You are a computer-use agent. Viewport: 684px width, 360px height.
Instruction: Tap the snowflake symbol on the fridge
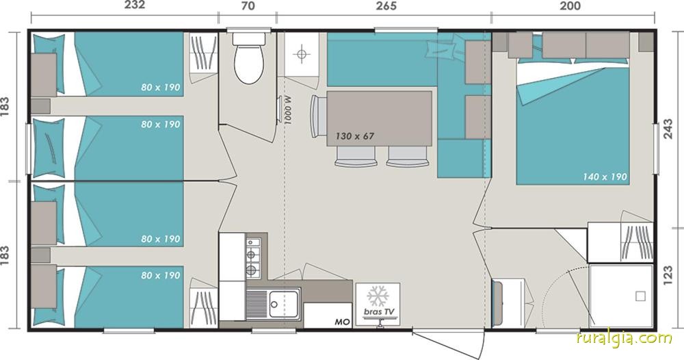pos(378,296)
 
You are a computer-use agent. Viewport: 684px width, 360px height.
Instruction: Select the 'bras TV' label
pos(378,311)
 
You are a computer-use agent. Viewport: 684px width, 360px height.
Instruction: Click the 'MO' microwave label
pos(343,322)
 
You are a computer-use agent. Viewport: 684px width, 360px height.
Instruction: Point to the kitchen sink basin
pos(284,303)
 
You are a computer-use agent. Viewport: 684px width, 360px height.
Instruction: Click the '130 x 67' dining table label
pos(354,136)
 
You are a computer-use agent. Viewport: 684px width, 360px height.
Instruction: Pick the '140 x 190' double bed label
pos(605,177)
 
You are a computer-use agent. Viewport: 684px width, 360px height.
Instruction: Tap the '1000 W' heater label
pos(287,110)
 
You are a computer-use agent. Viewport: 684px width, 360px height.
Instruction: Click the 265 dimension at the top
pos(386,5)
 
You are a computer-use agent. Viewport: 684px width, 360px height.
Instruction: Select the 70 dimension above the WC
pos(248,5)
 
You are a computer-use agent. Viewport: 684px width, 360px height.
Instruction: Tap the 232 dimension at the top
pos(134,5)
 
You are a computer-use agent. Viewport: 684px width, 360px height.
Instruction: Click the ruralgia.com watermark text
pos(624,338)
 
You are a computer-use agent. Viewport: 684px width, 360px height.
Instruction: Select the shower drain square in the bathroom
pos(640,296)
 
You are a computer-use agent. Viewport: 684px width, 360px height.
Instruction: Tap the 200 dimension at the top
pos(571,5)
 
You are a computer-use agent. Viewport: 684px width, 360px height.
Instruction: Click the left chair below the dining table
pos(356,157)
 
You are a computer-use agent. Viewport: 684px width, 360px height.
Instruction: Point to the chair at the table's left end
pos(318,116)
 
